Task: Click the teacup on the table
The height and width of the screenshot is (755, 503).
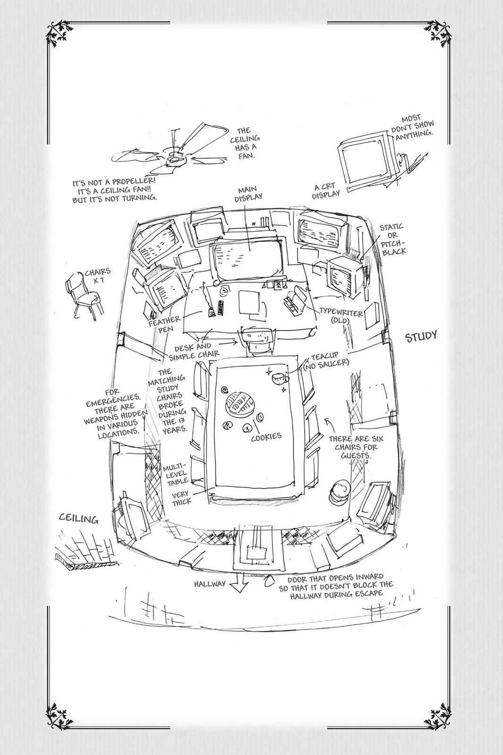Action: click(x=280, y=378)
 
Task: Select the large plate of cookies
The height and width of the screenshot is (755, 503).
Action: click(x=239, y=403)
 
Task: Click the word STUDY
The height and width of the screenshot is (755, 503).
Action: click(x=421, y=336)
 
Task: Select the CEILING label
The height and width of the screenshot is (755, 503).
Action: click(x=79, y=519)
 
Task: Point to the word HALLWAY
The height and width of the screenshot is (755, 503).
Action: click(x=210, y=584)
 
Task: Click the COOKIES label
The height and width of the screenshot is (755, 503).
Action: click(x=266, y=437)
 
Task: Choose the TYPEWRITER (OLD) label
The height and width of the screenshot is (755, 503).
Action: click(x=341, y=315)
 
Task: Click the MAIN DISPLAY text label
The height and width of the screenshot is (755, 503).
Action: click(x=248, y=193)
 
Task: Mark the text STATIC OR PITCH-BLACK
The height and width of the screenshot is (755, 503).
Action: click(x=393, y=239)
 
